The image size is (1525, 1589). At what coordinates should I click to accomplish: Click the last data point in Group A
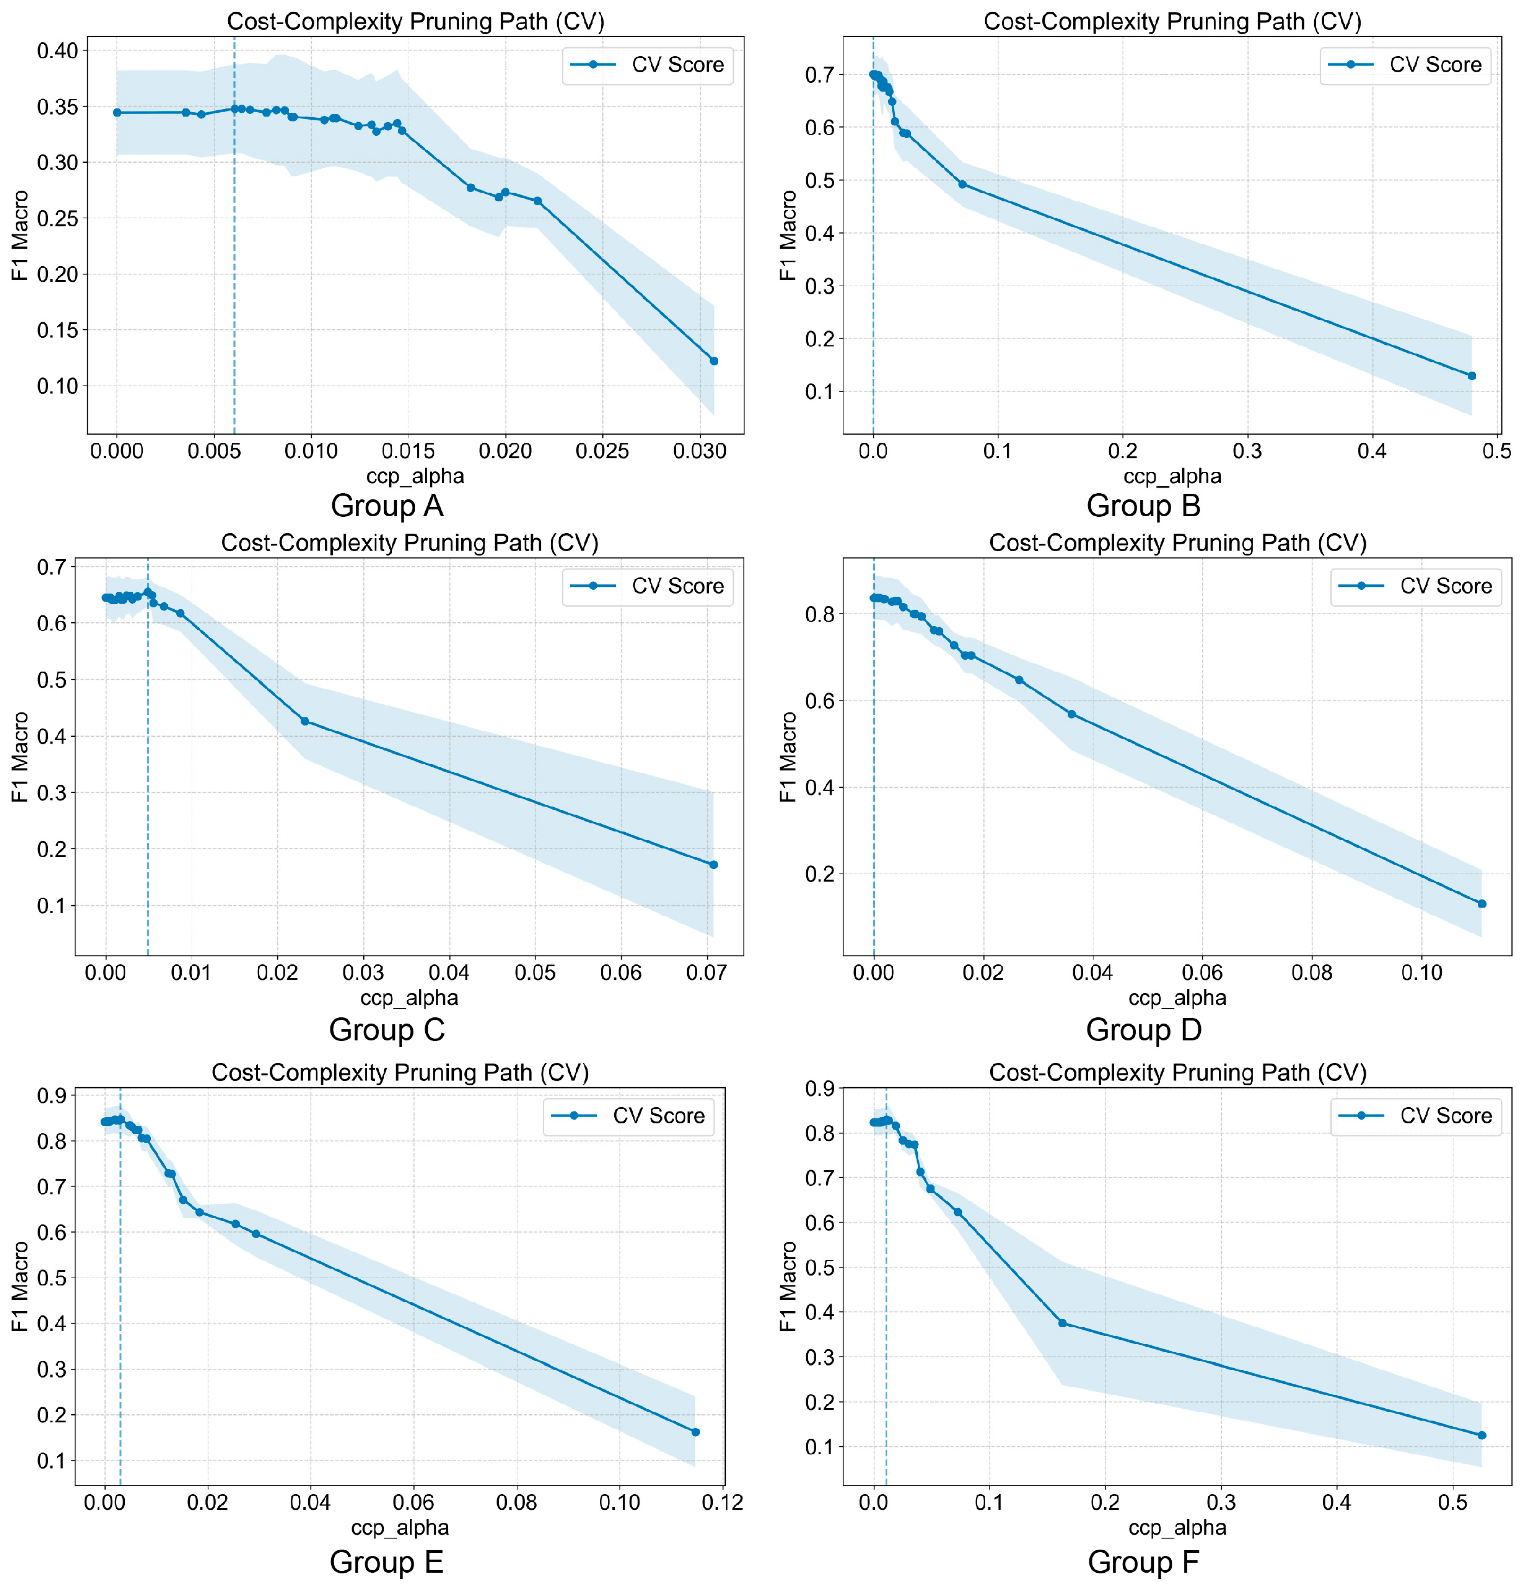coord(713,361)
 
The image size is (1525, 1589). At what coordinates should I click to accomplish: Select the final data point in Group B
coord(1471,375)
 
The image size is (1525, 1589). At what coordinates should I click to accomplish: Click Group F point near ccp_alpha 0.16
coord(1062,1323)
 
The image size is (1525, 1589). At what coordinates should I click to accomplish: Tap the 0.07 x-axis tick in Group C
coord(706,973)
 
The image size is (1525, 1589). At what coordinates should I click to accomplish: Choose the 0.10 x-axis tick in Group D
coord(1422,973)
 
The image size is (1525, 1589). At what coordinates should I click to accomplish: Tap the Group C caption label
coord(387,1030)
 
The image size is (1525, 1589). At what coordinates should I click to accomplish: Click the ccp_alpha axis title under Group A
coord(415,476)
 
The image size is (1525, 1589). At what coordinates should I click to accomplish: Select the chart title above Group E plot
coord(400,1073)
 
